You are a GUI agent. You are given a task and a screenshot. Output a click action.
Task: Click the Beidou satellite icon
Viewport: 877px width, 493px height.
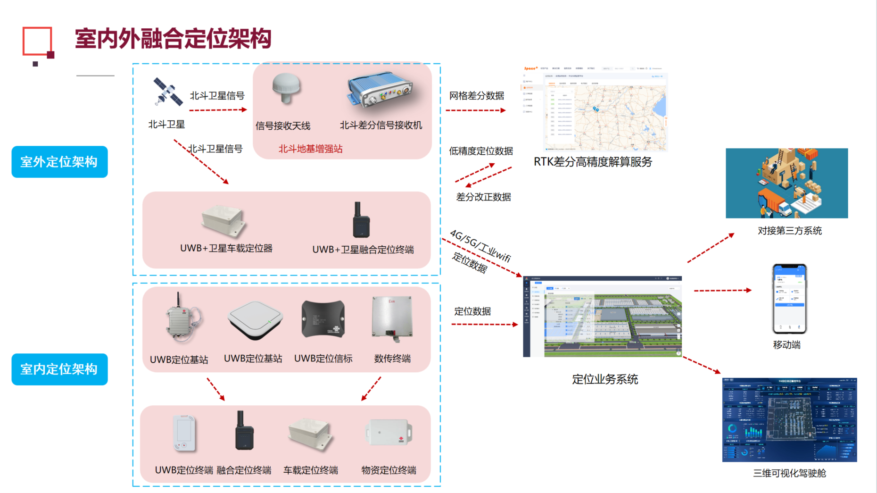pos(167,92)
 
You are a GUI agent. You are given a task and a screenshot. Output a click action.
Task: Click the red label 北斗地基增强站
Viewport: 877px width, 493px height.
pos(310,149)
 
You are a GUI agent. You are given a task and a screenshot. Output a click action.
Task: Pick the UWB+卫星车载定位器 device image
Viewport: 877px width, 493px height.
pos(223,221)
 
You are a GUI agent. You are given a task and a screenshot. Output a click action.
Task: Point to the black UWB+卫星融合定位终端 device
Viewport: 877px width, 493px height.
pos(361,221)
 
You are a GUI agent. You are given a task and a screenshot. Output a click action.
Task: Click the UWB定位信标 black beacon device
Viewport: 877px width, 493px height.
pos(323,319)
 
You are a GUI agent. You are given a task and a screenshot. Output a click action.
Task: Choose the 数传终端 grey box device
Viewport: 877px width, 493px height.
pos(392,318)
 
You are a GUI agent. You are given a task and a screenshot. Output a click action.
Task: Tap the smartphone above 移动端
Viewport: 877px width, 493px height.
pos(789,299)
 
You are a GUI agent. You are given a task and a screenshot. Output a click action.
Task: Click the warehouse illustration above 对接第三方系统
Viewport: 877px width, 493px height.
pos(786,183)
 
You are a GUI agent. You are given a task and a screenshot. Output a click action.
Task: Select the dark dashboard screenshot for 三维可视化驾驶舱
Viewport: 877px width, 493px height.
pos(789,419)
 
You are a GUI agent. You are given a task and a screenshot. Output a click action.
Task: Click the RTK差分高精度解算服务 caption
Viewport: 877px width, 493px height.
pos(593,162)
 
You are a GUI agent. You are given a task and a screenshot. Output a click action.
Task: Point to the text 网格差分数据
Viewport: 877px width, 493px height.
pos(476,96)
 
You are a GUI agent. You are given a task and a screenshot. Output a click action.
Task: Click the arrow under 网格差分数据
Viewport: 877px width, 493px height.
pos(475,110)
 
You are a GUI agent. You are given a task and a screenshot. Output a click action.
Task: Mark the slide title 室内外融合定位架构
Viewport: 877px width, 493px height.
pos(173,39)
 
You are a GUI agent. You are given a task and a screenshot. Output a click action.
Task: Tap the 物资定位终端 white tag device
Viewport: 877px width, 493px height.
pos(389,432)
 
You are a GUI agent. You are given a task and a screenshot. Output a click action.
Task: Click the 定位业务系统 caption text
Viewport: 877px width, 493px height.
pos(605,379)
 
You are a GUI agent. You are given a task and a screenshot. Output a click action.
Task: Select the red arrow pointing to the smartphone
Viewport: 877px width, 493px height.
pos(722,291)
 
